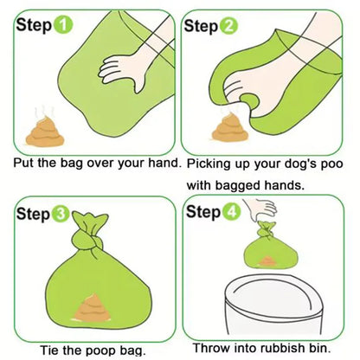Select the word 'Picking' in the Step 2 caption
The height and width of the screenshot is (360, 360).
click(211, 163)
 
